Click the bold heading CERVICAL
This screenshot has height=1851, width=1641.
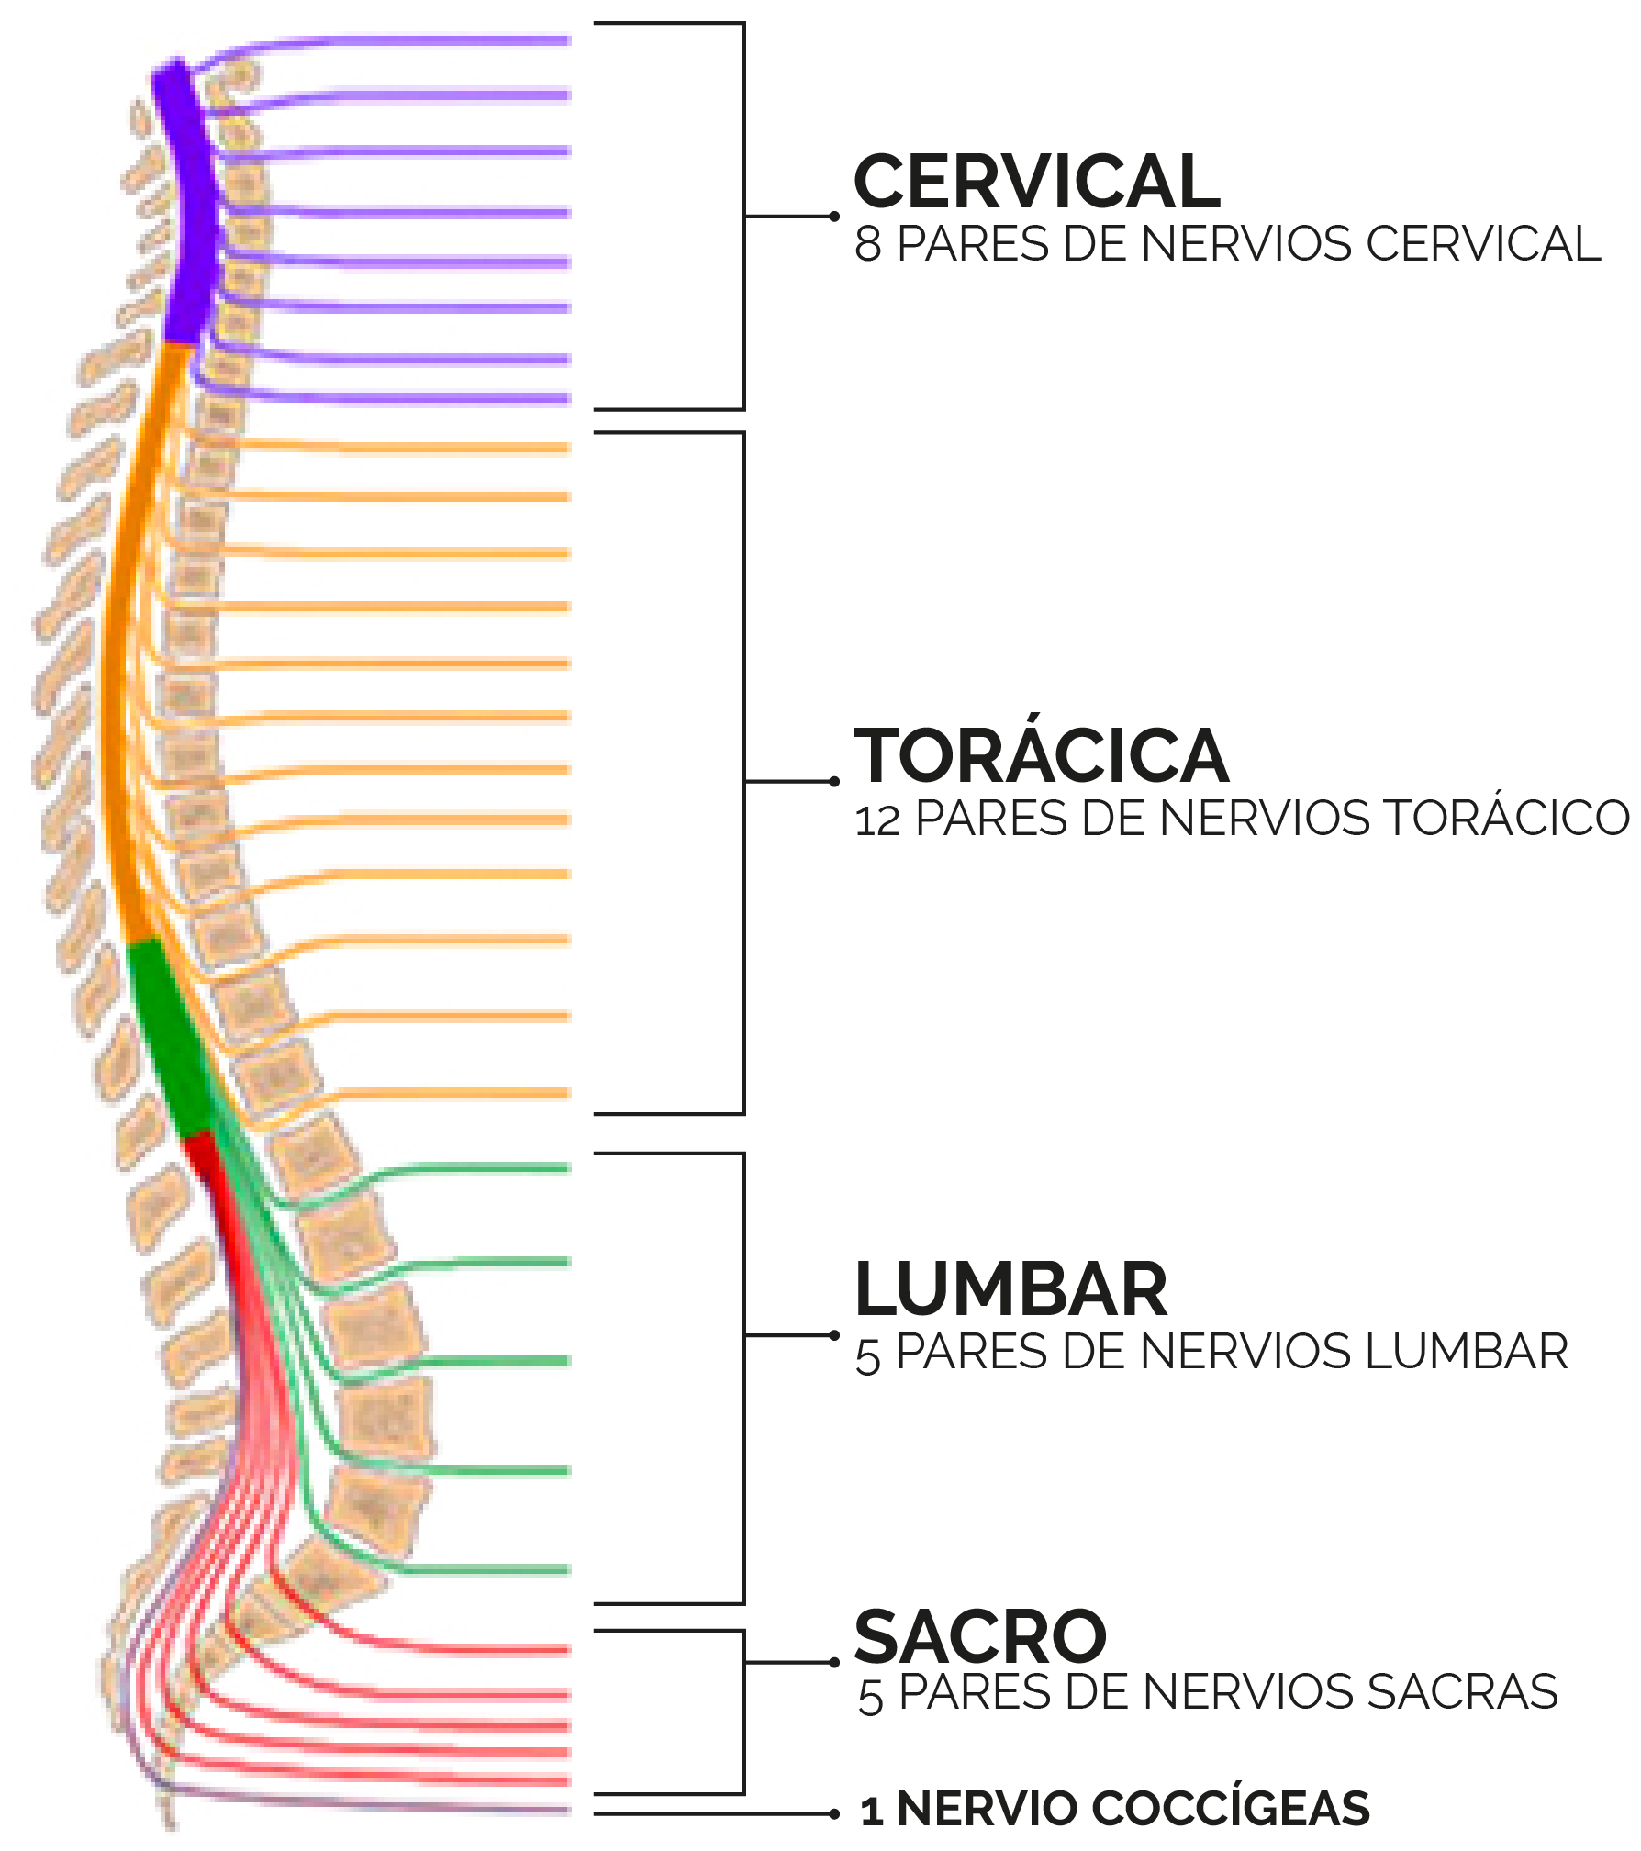[x=1036, y=182]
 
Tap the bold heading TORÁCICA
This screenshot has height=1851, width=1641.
[x=1041, y=755]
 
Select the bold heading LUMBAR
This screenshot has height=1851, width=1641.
[x=1010, y=1289]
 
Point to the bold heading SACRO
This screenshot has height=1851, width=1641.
[x=980, y=1637]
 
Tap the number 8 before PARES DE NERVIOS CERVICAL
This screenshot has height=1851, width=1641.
[x=868, y=244]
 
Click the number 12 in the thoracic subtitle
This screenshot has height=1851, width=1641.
[x=877, y=820]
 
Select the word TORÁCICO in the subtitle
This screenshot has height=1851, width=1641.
[x=1506, y=818]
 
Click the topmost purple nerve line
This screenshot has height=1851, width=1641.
[x=413, y=40]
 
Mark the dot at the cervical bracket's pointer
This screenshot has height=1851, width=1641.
[x=834, y=217]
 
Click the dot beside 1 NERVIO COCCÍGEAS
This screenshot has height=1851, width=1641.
[x=834, y=1813]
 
